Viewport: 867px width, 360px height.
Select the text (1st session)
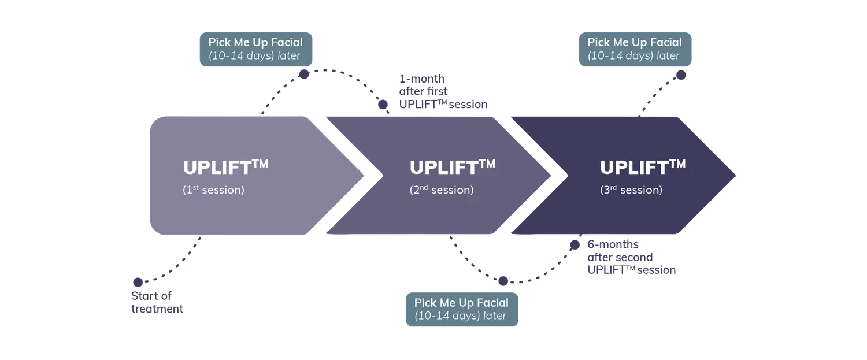213,190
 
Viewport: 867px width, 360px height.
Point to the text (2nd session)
442,190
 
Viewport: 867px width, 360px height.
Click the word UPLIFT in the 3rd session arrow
633,168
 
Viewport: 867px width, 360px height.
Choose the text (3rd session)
631,190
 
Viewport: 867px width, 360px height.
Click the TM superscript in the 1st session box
260,164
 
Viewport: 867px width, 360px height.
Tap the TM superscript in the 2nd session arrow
487,164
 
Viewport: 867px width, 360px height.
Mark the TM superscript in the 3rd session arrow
677,164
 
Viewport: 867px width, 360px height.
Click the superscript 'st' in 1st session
196,187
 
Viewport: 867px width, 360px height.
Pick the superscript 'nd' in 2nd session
424,187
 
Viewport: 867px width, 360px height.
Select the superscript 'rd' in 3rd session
613,187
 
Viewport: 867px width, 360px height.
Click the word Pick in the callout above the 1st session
220,43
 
